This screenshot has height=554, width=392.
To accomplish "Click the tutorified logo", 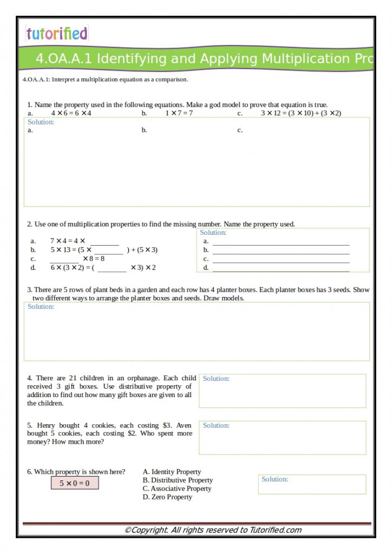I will click(56, 34).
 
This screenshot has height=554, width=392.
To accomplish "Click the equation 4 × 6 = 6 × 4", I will click(71, 113).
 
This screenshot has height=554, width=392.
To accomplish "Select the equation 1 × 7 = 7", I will click(179, 113).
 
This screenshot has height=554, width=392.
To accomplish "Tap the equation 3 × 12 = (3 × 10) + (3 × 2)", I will click(300, 113).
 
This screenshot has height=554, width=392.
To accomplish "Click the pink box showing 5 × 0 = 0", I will click(75, 483).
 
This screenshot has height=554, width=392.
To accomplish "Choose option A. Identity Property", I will click(172, 472).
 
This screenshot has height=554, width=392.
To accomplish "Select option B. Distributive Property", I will click(178, 480).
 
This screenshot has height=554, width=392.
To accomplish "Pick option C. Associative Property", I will click(177, 489).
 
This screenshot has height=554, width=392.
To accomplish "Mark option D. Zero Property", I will click(167, 497).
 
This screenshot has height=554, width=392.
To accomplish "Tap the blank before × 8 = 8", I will click(64, 259).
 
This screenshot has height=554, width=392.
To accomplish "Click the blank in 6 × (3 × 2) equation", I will click(112, 268).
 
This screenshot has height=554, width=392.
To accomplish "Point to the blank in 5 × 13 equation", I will click(108, 250).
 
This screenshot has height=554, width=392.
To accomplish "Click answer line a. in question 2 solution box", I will click(280, 241).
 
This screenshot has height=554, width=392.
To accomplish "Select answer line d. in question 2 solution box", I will click(280, 268).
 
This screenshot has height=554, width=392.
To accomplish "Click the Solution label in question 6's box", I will click(275, 479).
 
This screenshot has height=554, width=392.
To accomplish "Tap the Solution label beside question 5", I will click(216, 426).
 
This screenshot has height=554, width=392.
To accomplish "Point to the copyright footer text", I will click(213, 530).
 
